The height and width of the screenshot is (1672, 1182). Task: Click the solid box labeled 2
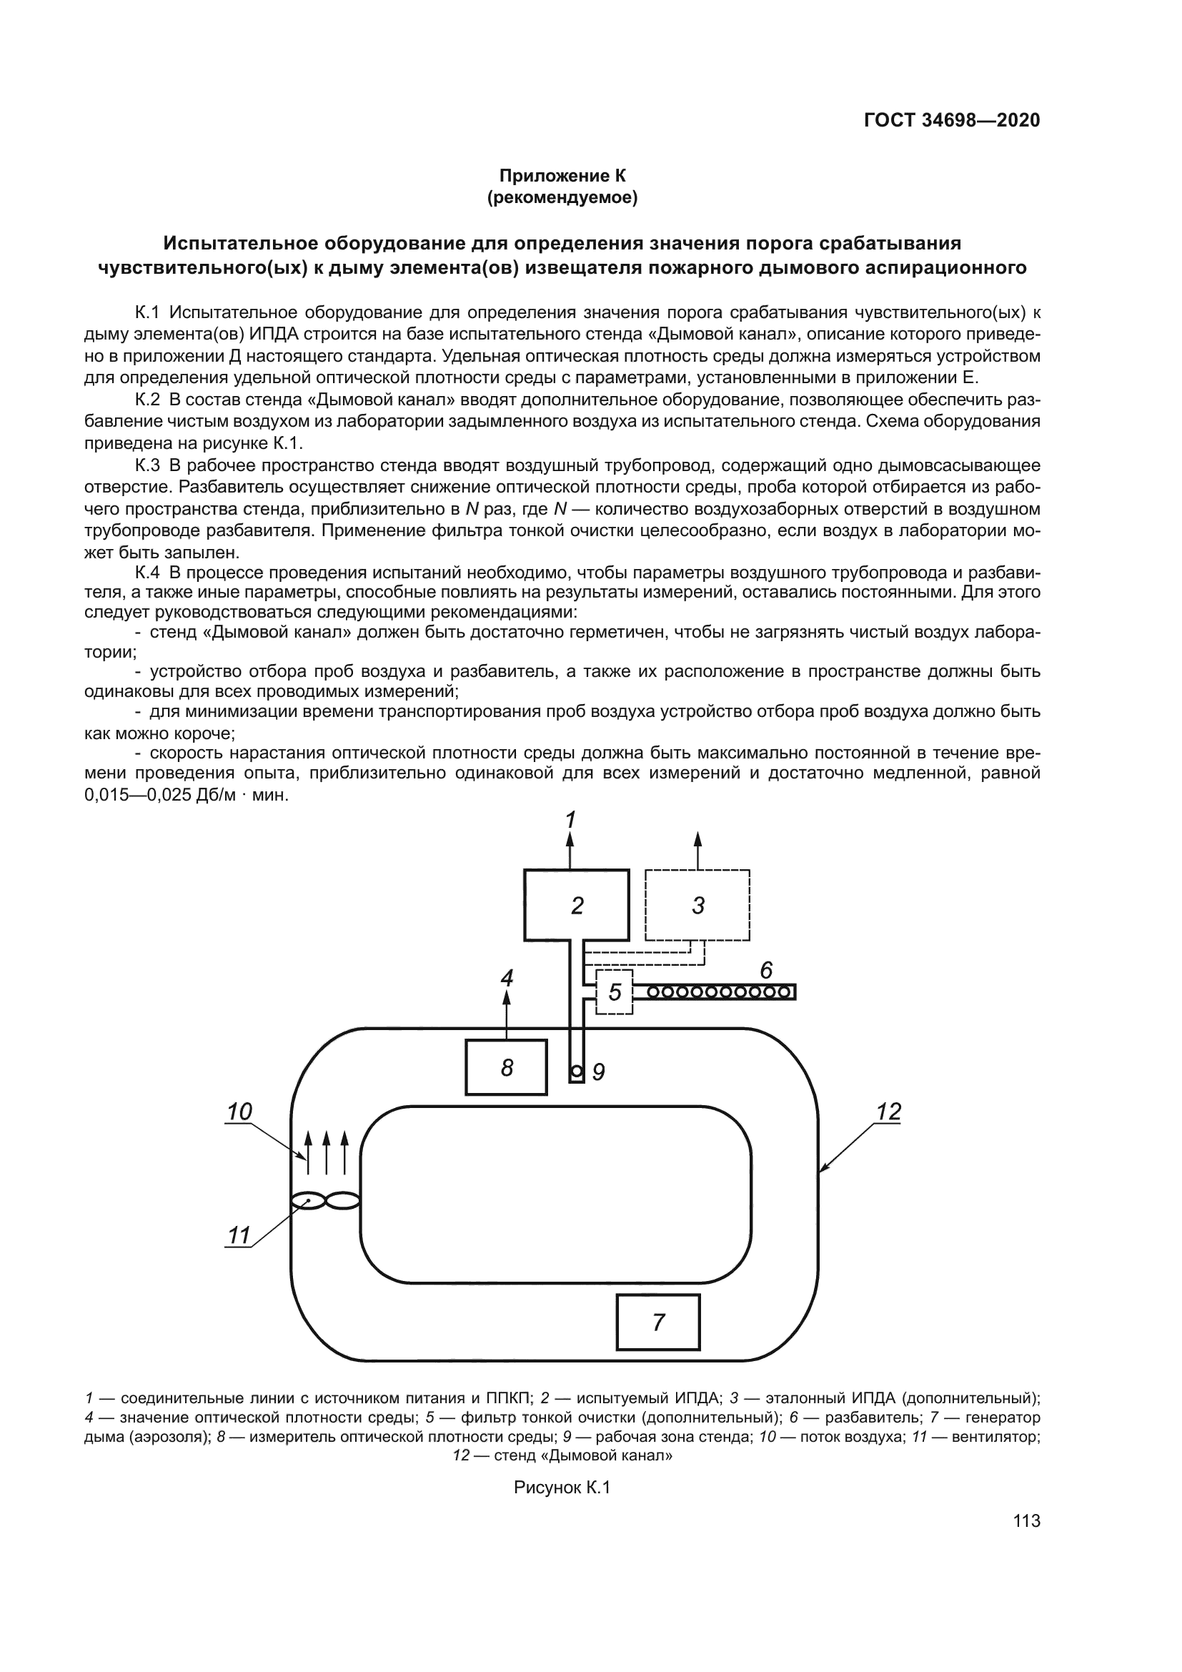coord(577,905)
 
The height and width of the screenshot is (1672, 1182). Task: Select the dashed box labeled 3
coord(697,905)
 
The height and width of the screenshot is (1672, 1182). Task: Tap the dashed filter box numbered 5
coord(615,992)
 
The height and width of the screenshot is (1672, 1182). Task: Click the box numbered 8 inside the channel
coord(507,1067)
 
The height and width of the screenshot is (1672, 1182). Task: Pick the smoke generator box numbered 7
coord(658,1322)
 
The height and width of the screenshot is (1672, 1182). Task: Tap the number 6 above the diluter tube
coord(765,970)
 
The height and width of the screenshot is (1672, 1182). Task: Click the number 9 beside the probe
coord(598,1072)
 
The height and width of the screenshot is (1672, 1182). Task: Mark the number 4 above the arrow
coord(507,977)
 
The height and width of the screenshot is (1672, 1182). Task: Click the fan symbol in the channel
coord(325,1201)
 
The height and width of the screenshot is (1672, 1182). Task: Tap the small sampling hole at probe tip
coord(576,1072)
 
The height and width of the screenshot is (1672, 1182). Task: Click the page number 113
coord(1026,1521)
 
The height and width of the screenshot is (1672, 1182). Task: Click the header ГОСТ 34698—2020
coord(952,120)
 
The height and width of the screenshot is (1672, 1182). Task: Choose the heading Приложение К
coord(562,176)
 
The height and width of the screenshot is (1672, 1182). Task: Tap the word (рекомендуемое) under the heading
coord(562,197)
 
